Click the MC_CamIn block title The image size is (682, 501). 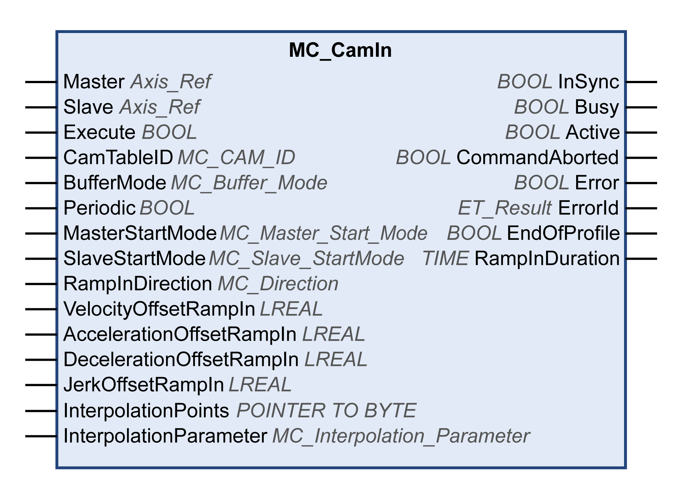pos(340,50)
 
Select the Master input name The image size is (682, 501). pos(94,82)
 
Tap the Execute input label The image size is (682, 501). pos(99,132)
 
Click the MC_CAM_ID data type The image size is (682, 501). pos(236,158)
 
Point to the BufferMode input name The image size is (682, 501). pos(114,183)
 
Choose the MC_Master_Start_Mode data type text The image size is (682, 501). pos(323,233)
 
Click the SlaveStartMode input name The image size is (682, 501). pos(134,259)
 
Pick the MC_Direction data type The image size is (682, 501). pos(278,284)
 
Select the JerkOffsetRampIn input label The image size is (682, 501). pos(143,385)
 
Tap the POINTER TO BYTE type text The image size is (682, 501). pos(326,411)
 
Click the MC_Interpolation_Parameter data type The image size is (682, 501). pos(401,436)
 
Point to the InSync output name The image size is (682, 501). pos(588,82)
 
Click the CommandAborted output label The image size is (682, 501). pos(537,158)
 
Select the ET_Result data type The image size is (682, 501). pos(504,208)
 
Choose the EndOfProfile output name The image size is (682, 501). pos(563,233)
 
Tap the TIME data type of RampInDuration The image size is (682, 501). pos(445,259)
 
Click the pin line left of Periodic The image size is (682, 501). pos(41,208)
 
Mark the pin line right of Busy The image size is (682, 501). pos(641,107)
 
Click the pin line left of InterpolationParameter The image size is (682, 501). pos(41,436)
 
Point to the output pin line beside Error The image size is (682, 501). pos(641,183)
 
